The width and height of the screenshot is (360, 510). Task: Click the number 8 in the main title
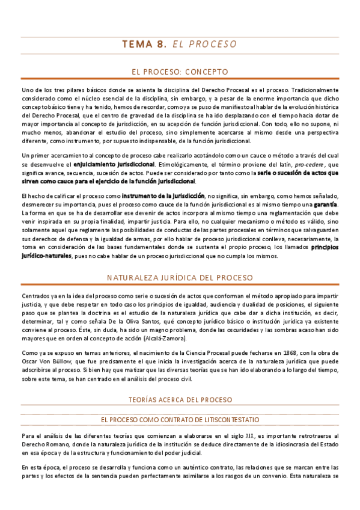pos(161,44)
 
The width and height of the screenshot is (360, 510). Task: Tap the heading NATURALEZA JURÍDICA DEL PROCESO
pos(180,278)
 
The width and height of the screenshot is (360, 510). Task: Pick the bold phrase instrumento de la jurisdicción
pos(163,196)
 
